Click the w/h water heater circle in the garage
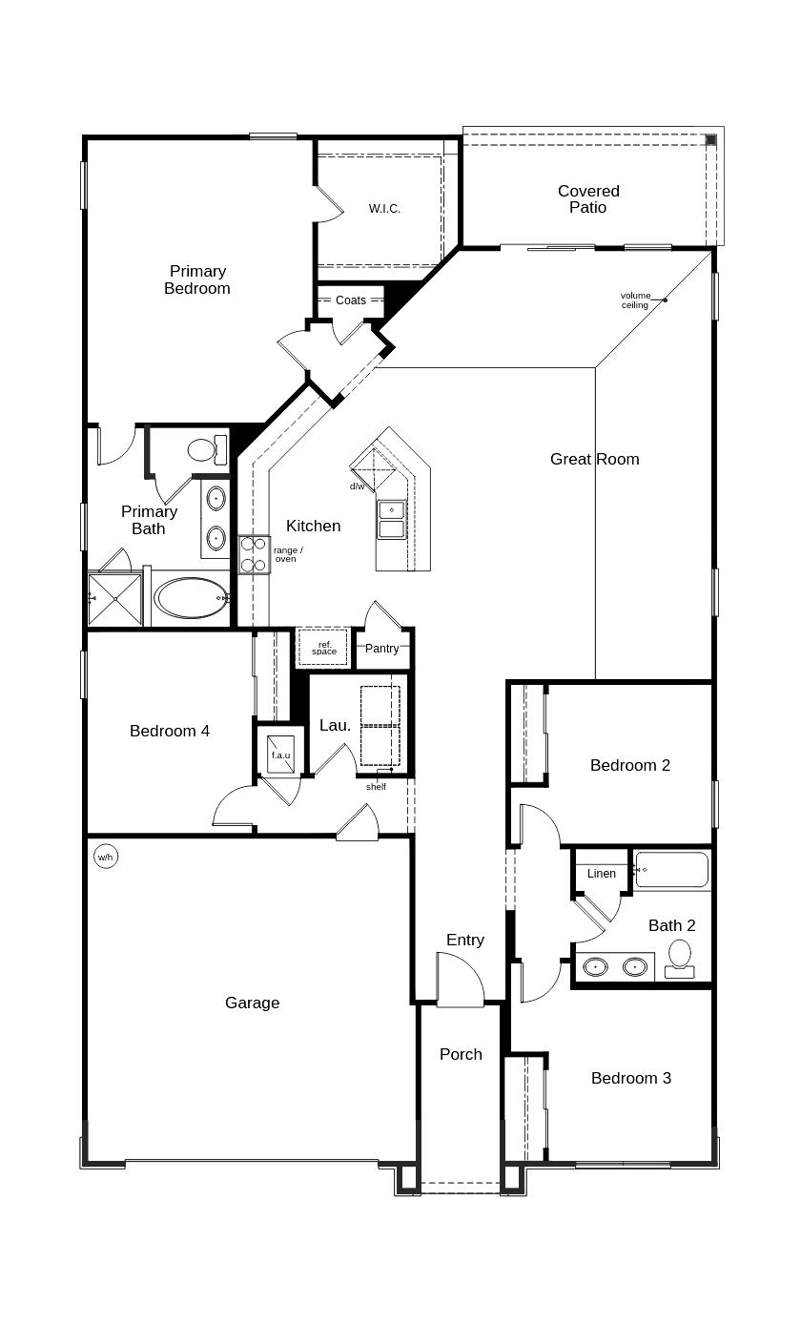pyautogui.click(x=105, y=857)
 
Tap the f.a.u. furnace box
pyautogui.click(x=280, y=751)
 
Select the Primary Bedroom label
pyautogui.click(x=197, y=279)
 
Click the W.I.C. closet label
pyautogui.click(x=384, y=208)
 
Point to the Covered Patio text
pyautogui.click(x=588, y=198)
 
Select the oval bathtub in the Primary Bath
pyautogui.click(x=192, y=598)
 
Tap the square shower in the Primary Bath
pyautogui.click(x=114, y=599)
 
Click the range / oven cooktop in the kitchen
pyautogui.click(x=254, y=554)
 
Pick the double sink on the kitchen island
pyautogui.click(x=391, y=519)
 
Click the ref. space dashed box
pyautogui.click(x=324, y=648)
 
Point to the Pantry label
pyautogui.click(x=381, y=649)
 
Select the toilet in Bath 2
pyautogui.click(x=680, y=957)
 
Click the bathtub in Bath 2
pyautogui.click(x=672, y=870)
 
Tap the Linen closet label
pyautogui.click(x=601, y=873)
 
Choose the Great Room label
pyautogui.click(x=594, y=459)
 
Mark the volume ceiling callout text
pyautogui.click(x=635, y=300)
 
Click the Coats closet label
pyautogui.click(x=350, y=300)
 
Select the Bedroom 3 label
pyautogui.click(x=630, y=1078)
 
